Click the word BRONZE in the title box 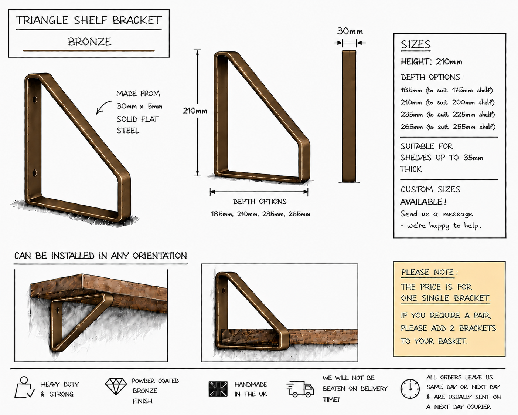[89, 42]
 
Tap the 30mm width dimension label [350, 31]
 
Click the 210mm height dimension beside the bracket [195, 111]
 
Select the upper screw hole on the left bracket [35, 99]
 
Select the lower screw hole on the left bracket [35, 173]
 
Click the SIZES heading [416, 45]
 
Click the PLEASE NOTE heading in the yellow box [427, 272]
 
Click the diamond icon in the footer [116, 387]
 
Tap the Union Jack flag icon [218, 389]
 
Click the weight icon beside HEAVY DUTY [24, 387]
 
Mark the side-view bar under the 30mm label [349, 116]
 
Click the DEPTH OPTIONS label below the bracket [260, 202]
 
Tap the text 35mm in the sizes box [473, 158]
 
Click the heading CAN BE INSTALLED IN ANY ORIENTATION [100, 256]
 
